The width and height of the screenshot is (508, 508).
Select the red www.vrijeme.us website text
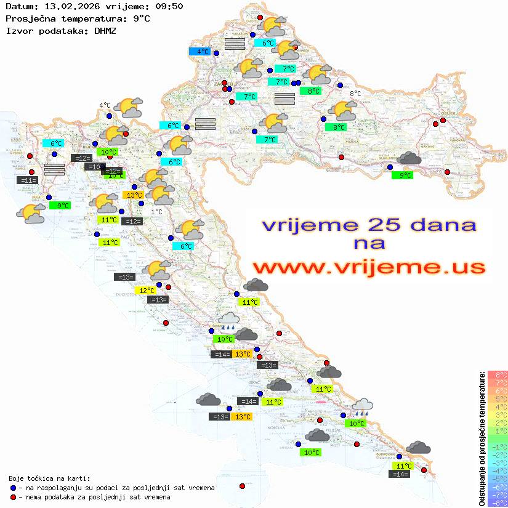tap(369, 267)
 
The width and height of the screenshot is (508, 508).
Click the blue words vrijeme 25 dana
tap(369, 225)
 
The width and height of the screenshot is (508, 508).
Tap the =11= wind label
tap(28, 180)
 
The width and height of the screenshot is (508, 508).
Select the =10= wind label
tap(94, 167)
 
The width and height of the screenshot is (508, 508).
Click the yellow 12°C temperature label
tap(147, 291)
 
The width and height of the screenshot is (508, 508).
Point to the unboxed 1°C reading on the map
tap(156, 212)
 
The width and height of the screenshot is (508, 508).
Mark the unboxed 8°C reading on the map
tap(355, 94)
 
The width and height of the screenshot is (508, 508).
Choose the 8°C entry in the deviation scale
tap(498, 374)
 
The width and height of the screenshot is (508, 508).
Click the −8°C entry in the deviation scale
tap(498, 502)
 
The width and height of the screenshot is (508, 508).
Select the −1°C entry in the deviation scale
tap(498, 446)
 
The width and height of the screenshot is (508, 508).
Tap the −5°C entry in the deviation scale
tap(498, 478)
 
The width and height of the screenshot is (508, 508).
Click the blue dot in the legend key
tap(14, 488)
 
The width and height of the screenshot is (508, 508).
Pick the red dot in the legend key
tap(14, 497)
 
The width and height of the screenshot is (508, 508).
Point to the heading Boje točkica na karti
tap(49, 478)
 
